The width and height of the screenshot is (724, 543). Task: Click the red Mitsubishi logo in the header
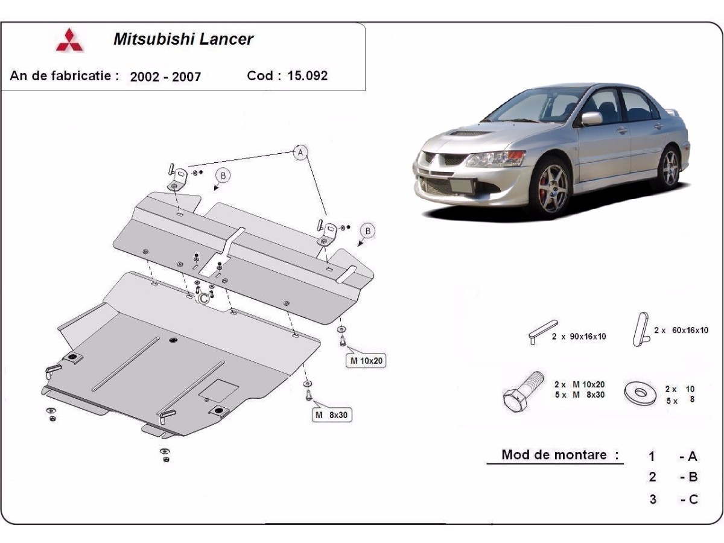coord(70,40)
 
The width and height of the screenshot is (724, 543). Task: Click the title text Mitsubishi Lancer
coord(183,39)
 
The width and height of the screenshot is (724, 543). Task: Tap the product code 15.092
coord(308,75)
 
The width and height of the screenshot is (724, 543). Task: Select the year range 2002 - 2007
coord(165,77)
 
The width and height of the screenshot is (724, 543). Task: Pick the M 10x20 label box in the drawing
coord(365,361)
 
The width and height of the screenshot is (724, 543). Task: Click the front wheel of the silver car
coord(550,186)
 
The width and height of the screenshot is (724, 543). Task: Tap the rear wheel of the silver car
coord(670,168)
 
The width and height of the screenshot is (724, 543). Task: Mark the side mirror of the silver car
coord(591,118)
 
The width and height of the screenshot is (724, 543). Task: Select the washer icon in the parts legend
coord(641,393)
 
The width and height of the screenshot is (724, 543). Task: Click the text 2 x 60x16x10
coord(681,330)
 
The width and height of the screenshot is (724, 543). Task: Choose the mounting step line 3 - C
coord(673,499)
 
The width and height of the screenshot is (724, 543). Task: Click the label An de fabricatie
coord(65,75)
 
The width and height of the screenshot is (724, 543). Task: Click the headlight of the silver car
coord(494,159)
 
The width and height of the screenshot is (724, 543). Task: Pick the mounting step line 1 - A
coord(673,456)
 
